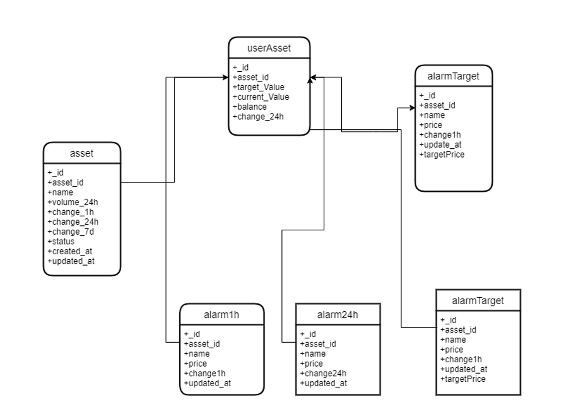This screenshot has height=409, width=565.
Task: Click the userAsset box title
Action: (x=269, y=48)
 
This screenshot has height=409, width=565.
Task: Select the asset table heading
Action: (x=81, y=153)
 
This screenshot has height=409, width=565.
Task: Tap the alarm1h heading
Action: (x=222, y=314)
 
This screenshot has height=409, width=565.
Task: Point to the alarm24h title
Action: (x=337, y=314)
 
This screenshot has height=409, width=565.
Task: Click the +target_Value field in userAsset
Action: (x=259, y=87)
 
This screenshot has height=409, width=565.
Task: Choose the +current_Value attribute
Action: (x=261, y=97)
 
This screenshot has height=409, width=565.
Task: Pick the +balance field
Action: (x=250, y=106)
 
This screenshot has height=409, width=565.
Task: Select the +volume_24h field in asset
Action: (x=73, y=202)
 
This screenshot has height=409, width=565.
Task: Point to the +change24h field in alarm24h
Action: (x=323, y=373)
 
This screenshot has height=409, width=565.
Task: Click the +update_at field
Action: (x=441, y=144)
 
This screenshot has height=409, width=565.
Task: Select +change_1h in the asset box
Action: (x=71, y=212)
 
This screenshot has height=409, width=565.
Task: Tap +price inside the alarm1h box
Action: (x=196, y=363)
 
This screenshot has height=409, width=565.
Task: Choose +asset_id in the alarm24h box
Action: (x=318, y=344)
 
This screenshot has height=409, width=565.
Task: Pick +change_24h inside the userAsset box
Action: (x=258, y=116)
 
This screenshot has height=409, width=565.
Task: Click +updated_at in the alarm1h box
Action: (x=209, y=383)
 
